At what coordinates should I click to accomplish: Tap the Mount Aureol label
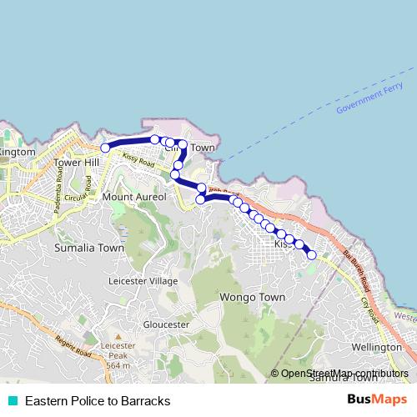click(134, 197)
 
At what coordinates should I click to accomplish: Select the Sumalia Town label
click(88, 248)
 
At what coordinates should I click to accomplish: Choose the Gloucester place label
click(168, 324)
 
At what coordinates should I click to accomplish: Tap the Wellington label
click(377, 346)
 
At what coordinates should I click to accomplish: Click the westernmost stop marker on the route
click(106, 148)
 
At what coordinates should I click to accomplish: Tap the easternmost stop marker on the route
click(312, 255)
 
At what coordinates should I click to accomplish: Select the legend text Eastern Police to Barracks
click(98, 400)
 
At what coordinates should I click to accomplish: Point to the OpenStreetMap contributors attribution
click(344, 374)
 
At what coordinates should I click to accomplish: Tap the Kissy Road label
click(138, 159)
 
